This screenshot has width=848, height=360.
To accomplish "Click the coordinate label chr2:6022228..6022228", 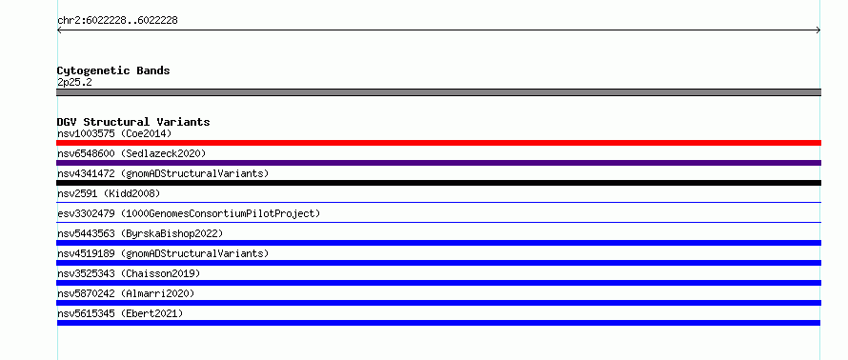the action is tap(117, 21).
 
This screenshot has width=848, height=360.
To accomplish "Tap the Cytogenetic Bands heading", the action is tap(113, 70).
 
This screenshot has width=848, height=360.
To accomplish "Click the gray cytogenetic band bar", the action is tap(438, 92).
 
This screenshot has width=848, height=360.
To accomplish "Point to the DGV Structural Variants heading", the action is tap(133, 122).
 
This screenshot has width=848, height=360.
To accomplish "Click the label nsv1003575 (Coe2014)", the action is tap(114, 133).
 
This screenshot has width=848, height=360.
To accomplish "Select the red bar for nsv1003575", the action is tap(438, 143).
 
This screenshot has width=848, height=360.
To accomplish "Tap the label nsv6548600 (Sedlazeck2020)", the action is tap(131, 153).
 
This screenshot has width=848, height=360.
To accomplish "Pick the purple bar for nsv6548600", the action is tap(438, 163).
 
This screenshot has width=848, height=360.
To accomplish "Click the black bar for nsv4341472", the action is tap(438, 183).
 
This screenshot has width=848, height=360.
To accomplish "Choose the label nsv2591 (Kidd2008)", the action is tap(109, 193).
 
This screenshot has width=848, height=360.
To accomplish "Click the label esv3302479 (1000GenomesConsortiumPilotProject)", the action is tap(189, 213).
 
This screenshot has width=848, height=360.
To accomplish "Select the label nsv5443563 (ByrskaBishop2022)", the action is tap(140, 233).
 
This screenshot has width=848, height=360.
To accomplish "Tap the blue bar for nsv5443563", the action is tap(438, 243).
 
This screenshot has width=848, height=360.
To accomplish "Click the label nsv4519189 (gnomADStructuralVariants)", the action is tap(163, 253).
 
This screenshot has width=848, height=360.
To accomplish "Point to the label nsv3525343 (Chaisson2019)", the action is tap(129, 273).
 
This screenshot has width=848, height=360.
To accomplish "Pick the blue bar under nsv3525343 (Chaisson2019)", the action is tap(438, 283).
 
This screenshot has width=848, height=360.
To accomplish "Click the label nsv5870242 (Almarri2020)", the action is tap(126, 293).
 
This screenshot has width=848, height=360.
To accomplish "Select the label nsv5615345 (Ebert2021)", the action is tap(120, 313).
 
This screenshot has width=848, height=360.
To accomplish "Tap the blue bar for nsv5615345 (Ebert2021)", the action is tap(438, 323).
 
